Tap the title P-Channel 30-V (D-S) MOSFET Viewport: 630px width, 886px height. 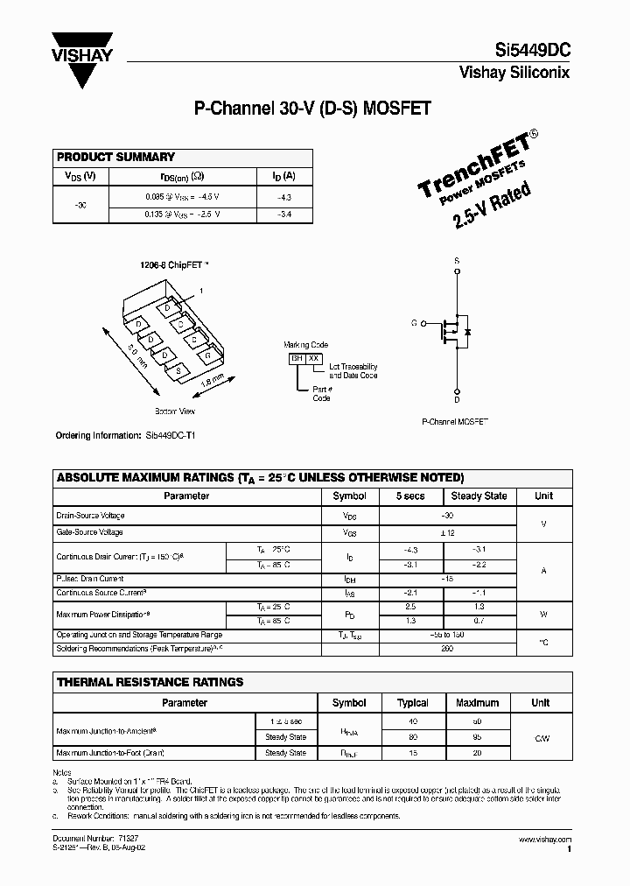click(x=311, y=109)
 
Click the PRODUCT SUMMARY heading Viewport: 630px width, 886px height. click(x=115, y=157)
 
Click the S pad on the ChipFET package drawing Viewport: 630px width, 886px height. click(x=178, y=372)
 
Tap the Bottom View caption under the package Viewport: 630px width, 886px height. click(x=175, y=411)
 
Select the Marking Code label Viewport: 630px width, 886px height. click(x=306, y=345)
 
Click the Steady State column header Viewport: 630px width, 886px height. click(x=479, y=496)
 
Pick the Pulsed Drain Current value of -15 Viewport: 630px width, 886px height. click(x=446, y=579)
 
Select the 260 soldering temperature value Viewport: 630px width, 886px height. click(x=446, y=649)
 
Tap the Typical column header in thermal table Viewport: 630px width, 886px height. click(x=412, y=702)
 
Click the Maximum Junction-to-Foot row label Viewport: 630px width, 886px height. click(x=110, y=753)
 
